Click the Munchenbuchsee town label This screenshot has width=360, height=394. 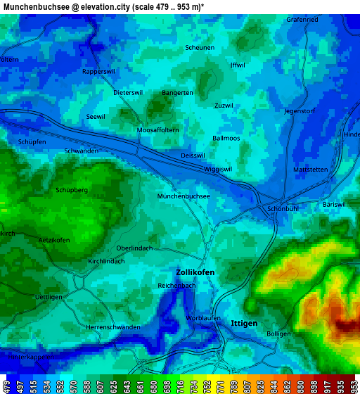tap(184, 196)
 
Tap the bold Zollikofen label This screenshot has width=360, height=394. tap(195, 272)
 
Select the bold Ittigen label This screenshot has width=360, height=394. tap(244, 323)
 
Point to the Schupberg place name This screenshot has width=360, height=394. tap(72, 190)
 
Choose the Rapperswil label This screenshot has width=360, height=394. tap(98, 72)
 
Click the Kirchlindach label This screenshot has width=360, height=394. tap(106, 261)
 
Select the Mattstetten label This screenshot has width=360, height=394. tap(310, 170)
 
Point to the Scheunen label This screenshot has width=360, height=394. tap(200, 48)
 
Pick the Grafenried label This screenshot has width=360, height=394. tap(302, 19)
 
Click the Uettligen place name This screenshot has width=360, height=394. tap(49, 297)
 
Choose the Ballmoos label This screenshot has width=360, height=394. tap(226, 138)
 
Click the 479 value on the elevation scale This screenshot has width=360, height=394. tap(6, 386)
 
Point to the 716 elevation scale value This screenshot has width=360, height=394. tap(181, 386)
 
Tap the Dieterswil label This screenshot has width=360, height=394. tap(128, 92)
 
